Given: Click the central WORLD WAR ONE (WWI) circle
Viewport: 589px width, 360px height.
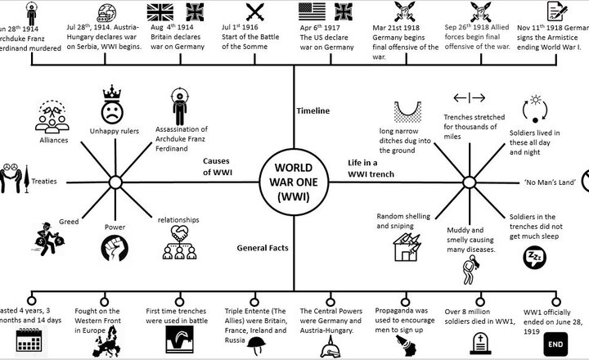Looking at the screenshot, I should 294,179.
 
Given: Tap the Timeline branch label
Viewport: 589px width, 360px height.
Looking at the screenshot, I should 312,110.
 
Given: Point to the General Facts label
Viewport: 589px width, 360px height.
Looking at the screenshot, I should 260,246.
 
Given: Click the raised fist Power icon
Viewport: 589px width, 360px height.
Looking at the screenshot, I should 114,247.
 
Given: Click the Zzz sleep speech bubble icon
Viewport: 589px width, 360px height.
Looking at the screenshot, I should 532,259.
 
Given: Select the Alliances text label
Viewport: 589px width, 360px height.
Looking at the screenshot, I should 54,140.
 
